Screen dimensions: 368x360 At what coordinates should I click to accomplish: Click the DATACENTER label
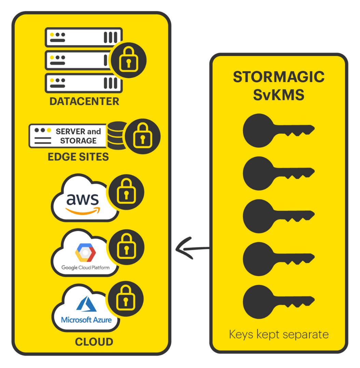[84, 101]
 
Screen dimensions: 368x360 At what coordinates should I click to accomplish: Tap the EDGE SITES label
[78, 156]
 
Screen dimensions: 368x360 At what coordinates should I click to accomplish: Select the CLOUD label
[94, 342]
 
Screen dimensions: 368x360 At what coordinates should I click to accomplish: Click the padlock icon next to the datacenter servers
[128, 60]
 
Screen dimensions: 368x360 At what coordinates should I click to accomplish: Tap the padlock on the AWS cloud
[126, 193]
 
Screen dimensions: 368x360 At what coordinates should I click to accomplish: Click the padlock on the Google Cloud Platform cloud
[126, 248]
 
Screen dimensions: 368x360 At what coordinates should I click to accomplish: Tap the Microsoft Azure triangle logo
[86, 304]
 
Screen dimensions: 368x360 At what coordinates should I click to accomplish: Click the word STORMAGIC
[279, 77]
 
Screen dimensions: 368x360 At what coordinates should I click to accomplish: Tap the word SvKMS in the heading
[278, 95]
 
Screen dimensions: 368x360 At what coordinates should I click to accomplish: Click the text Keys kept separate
[279, 334]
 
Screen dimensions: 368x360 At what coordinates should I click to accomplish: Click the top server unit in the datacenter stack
[84, 37]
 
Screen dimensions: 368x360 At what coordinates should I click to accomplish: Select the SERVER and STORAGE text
[78, 136]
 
